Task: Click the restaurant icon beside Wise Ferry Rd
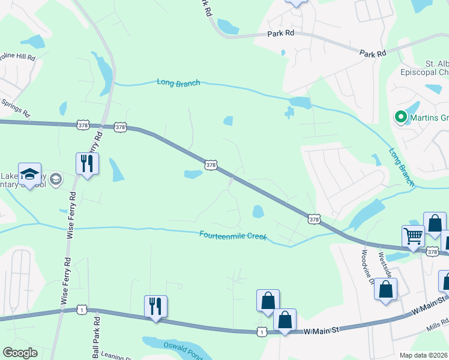(88, 164)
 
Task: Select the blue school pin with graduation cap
(29, 174)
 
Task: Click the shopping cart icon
(413, 237)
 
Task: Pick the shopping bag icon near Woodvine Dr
(385, 289)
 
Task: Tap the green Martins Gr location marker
(400, 118)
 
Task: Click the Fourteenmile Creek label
(232, 235)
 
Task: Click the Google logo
(20, 353)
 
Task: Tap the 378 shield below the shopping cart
(433, 252)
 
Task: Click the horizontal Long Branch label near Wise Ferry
(178, 83)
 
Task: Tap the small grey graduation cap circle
(56, 179)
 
